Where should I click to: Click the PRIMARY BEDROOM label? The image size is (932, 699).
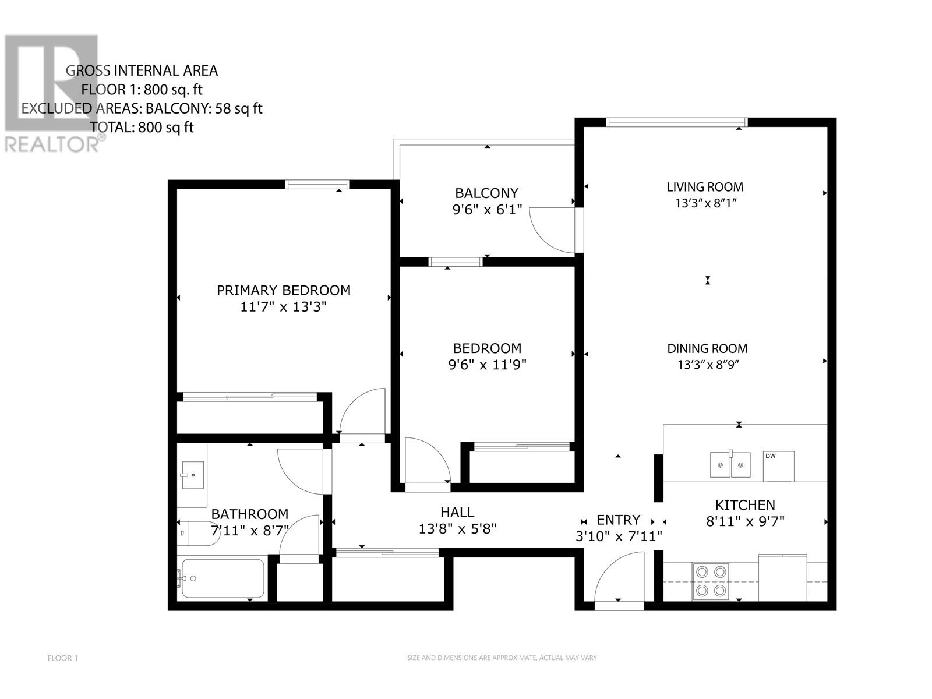click(x=284, y=290)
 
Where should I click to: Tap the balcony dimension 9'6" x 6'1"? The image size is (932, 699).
click(x=487, y=210)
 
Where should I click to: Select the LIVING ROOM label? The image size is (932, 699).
click(x=705, y=187)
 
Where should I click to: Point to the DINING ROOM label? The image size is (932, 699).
click(x=707, y=348)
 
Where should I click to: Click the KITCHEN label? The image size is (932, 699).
click(x=745, y=505)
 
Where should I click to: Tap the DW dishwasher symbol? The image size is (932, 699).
click(x=778, y=465)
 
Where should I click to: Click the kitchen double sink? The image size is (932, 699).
click(x=730, y=465)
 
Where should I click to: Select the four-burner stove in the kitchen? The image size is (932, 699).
click(x=711, y=581)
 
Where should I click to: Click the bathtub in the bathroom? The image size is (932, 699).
click(x=223, y=578)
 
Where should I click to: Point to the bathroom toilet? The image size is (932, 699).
click(x=198, y=533)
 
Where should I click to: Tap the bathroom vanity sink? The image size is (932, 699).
click(x=192, y=475)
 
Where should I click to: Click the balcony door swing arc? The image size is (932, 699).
click(x=550, y=230)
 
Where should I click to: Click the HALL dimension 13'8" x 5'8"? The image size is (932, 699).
click(x=457, y=529)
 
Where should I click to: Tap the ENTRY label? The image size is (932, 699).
click(x=618, y=520)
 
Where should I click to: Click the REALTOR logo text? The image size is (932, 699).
click(x=52, y=144)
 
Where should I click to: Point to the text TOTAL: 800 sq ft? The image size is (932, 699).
click(x=142, y=127)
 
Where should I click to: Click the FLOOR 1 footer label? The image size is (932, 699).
click(x=62, y=658)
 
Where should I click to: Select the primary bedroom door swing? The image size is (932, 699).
click(x=361, y=411)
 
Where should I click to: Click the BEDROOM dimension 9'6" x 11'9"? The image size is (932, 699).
click(x=487, y=365)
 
